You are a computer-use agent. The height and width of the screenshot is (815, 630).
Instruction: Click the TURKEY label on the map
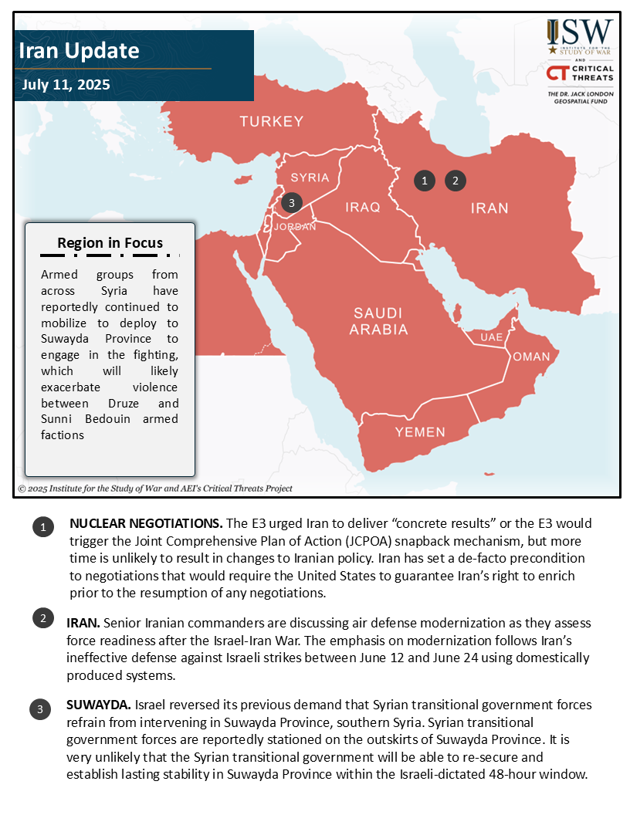[x=271, y=121]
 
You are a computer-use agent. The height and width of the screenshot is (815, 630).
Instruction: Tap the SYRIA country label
[x=310, y=178]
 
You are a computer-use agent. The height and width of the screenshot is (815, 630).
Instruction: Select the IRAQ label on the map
[x=363, y=208]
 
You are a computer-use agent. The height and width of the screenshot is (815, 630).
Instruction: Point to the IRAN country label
[x=489, y=208]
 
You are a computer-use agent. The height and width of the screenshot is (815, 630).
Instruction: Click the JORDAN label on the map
[x=295, y=227]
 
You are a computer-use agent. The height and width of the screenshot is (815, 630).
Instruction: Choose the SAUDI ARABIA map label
[x=378, y=321]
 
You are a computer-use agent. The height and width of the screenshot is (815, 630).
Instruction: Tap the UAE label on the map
[x=491, y=338]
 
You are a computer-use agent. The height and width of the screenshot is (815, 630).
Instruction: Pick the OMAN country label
[x=531, y=357]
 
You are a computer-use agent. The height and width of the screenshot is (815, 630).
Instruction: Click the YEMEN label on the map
[x=420, y=432]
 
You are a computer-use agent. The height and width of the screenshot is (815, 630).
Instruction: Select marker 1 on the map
[x=424, y=181]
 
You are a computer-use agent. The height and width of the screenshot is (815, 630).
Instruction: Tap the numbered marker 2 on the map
[x=456, y=181]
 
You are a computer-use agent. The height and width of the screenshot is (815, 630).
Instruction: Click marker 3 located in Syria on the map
[x=290, y=203]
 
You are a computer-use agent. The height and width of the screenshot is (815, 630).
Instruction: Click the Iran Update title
[x=79, y=51]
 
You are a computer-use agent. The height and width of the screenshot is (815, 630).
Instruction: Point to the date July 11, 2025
[x=66, y=84]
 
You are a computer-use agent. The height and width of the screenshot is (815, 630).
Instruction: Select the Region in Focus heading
[x=110, y=242]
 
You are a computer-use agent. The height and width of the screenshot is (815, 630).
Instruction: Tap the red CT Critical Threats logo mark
[x=557, y=73]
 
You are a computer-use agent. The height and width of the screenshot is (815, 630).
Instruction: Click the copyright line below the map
[x=155, y=489]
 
